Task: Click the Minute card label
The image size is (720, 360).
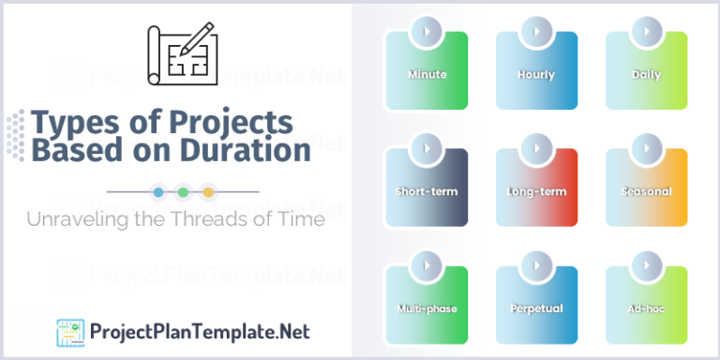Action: (x=427, y=74)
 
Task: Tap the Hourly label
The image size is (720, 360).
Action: (x=536, y=74)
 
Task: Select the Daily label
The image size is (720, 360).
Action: (x=646, y=74)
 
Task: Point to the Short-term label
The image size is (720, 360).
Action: (x=427, y=191)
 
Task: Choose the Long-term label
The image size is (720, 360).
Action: (x=536, y=191)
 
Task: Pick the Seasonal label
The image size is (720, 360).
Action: (x=646, y=191)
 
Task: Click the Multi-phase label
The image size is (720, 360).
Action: (x=427, y=307)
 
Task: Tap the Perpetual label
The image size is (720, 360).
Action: (x=536, y=307)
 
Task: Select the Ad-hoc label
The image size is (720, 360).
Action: (x=646, y=307)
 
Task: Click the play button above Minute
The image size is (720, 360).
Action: (x=427, y=32)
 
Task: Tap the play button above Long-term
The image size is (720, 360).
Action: (x=536, y=149)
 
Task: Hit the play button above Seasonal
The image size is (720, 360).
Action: (x=646, y=149)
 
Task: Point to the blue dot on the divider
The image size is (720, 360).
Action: (x=157, y=191)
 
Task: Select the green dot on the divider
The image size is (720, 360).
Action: (x=183, y=191)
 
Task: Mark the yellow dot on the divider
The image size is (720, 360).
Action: (x=208, y=191)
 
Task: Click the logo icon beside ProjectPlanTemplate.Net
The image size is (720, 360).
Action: (x=70, y=332)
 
